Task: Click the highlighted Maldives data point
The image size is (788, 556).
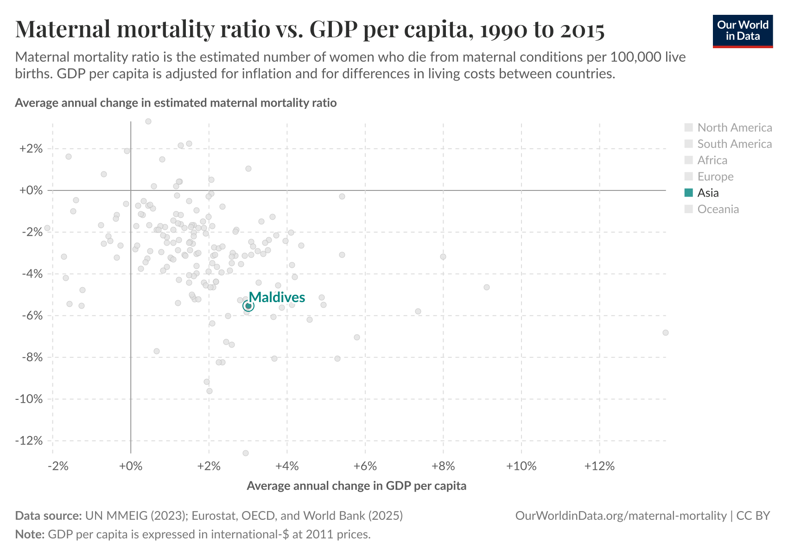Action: click(x=248, y=306)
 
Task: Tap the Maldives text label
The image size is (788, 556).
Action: click(x=277, y=297)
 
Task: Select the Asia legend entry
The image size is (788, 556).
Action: click(x=708, y=193)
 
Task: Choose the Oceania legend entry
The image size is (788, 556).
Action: click(x=718, y=209)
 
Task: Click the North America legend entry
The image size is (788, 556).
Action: click(x=734, y=128)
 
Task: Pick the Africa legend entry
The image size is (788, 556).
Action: click(x=712, y=160)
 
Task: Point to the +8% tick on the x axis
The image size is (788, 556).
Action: click(x=443, y=466)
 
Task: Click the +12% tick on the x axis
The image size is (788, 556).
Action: click(x=599, y=466)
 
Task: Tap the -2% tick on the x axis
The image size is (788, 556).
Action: click(x=58, y=466)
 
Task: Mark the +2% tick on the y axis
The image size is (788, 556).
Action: click(x=32, y=149)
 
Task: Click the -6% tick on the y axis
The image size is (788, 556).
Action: click(x=32, y=316)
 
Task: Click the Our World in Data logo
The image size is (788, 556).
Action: click(x=743, y=31)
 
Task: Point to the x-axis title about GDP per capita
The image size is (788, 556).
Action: click(x=356, y=486)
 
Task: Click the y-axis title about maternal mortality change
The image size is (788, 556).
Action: click(x=176, y=103)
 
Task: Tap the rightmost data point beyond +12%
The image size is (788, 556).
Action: click(x=666, y=333)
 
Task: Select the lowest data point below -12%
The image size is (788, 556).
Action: click(x=246, y=453)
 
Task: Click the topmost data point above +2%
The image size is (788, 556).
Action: click(x=148, y=121)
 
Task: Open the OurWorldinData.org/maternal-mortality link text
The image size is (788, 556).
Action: click(x=621, y=516)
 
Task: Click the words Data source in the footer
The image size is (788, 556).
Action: click(x=48, y=516)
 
